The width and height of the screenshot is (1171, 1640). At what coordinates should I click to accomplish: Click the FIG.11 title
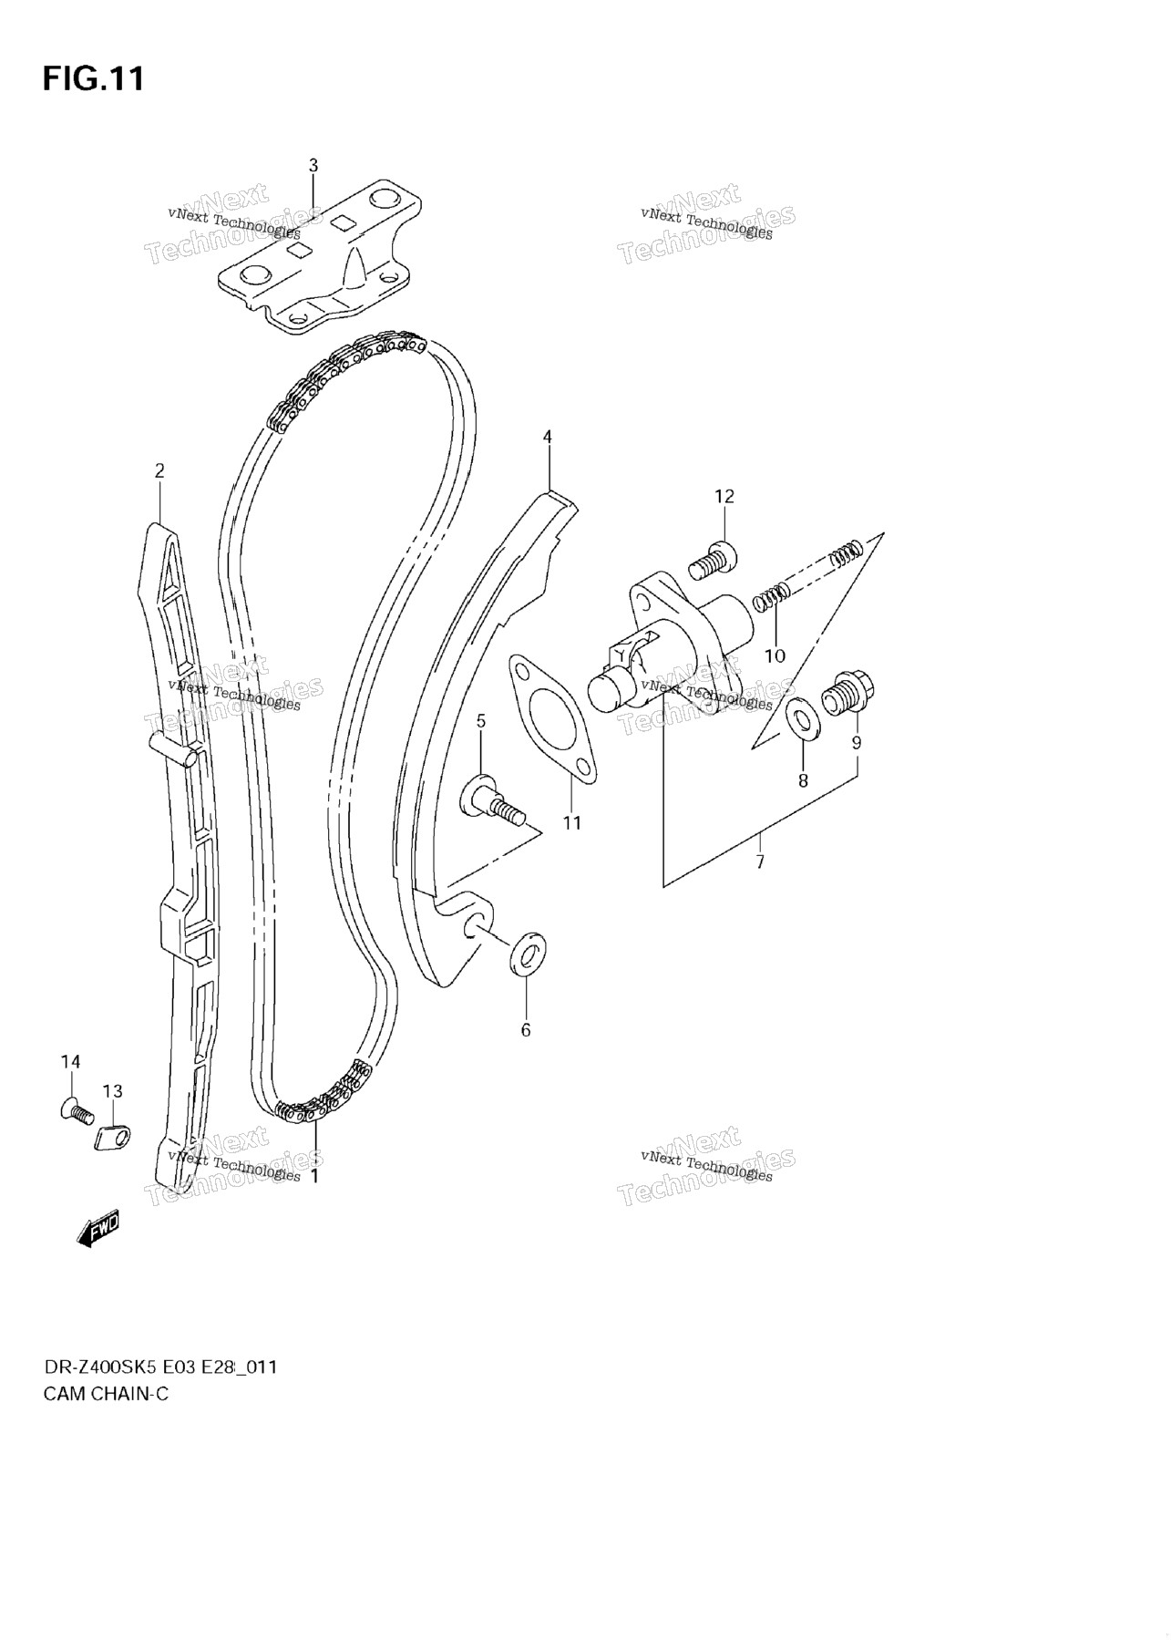tap(93, 79)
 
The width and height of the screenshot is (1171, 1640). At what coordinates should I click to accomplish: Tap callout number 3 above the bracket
tap(313, 165)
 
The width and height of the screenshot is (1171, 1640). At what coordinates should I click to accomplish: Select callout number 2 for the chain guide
tap(159, 470)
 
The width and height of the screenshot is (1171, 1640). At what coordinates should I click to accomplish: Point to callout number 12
tap(724, 496)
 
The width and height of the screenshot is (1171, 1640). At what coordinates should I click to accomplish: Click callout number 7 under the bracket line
tap(760, 861)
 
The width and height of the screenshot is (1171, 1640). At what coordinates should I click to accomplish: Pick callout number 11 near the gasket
tap(571, 822)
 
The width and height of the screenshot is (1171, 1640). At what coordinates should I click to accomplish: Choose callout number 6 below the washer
tap(525, 1030)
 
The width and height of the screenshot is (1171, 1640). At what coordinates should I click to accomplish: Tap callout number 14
tap(70, 1061)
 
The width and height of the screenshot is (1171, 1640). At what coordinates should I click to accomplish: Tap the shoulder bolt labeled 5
tap(494, 799)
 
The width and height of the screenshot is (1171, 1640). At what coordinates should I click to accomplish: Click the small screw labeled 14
tap(76, 1110)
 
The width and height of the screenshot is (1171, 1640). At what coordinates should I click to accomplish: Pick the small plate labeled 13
tap(113, 1137)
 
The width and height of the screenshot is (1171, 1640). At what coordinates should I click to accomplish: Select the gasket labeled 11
tap(553, 717)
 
